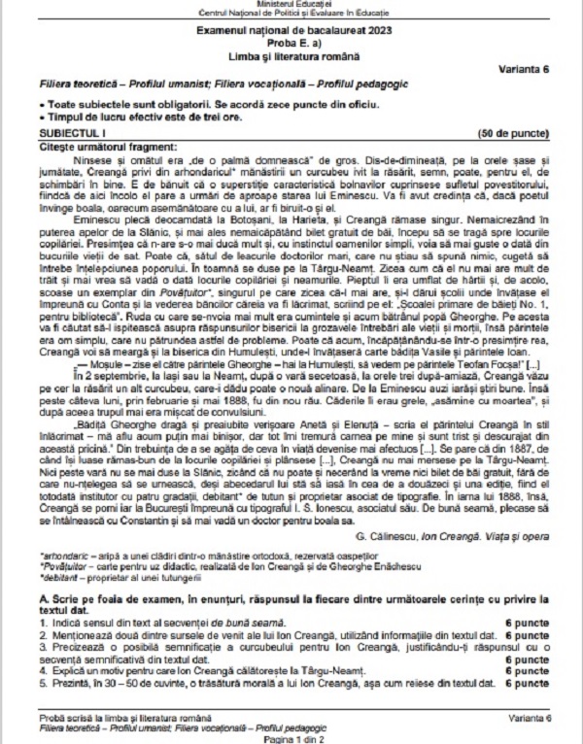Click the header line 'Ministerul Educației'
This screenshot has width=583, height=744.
291,6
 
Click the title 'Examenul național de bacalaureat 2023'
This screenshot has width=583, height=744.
291,32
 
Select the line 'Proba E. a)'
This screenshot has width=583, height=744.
291,45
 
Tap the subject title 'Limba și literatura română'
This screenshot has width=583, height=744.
291,58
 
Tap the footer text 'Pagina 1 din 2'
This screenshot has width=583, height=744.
291,739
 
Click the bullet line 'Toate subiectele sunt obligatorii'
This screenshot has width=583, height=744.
175,102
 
